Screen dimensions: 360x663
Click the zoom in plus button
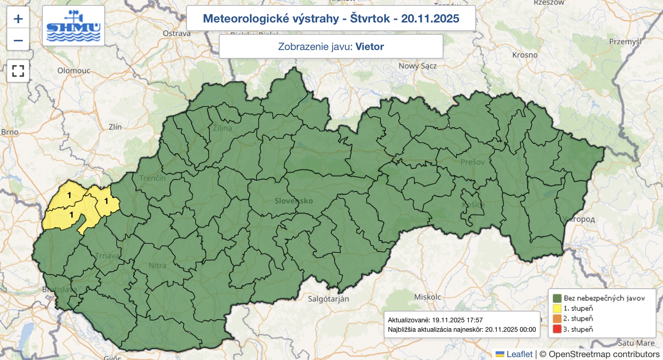click(x=18, y=19)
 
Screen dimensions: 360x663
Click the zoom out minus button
click(x=18, y=40)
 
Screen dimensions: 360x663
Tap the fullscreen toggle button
click(x=18, y=71)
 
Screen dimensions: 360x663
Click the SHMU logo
click(x=73, y=26)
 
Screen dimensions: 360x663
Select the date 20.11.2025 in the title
click(x=430, y=19)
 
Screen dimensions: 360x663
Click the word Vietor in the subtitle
click(x=370, y=46)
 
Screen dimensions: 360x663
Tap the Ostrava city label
click(x=177, y=34)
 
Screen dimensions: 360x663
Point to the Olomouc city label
click(x=74, y=70)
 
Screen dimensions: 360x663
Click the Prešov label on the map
click(x=472, y=162)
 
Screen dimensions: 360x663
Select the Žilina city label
click(x=223, y=128)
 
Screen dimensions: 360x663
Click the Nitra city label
click(x=157, y=265)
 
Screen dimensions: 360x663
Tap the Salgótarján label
click(x=328, y=299)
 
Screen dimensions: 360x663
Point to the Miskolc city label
click(x=428, y=297)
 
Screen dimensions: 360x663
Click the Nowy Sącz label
click(x=417, y=66)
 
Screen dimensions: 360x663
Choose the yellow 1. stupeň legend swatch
click(x=557, y=308)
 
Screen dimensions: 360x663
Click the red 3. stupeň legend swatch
click(x=557, y=329)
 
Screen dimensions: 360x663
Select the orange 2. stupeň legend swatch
click(x=557, y=319)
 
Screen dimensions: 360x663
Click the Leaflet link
click(x=519, y=354)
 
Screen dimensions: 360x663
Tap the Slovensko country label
click(x=294, y=201)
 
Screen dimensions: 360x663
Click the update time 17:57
click(x=474, y=320)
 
